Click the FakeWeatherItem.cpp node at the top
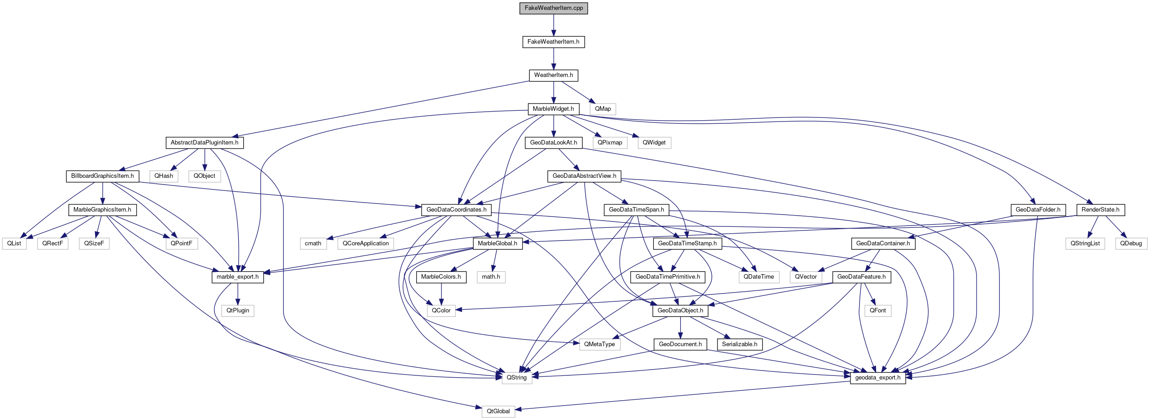tap(554, 8)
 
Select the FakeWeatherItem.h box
tap(553, 42)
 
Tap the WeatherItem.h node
tap(553, 75)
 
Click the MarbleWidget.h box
tap(553, 109)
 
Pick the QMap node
tap(603, 109)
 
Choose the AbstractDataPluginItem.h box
tap(205, 143)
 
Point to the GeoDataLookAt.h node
tap(553, 143)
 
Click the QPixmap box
tap(610, 143)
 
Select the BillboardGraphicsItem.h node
tap(102, 176)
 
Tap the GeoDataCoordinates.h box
tap(456, 210)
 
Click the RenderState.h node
tap(1100, 210)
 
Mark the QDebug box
tap(1131, 244)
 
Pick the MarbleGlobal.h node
tap(497, 244)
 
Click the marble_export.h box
tap(237, 277)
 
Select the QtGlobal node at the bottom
tap(498, 411)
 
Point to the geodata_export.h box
tap(877, 378)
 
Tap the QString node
tap(516, 378)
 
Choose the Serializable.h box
tap(740, 344)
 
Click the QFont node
tap(877, 311)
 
